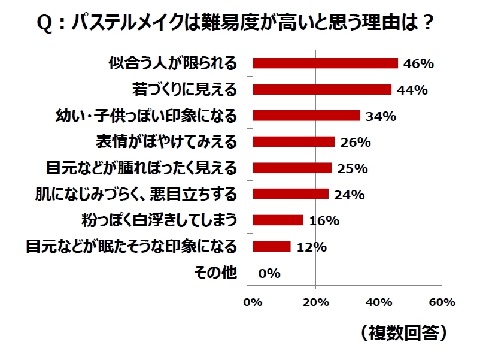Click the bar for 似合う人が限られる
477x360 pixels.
tap(325, 63)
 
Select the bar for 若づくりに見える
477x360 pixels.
tap(322, 89)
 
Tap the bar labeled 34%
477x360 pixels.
tap(306, 116)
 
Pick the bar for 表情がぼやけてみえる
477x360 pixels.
tap(293, 142)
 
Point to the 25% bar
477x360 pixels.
tap(292, 168)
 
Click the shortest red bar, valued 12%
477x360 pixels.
tap(272, 246)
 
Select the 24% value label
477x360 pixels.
tap(350, 195)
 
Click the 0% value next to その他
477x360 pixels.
tap(269, 273)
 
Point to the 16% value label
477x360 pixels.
tap(324, 220)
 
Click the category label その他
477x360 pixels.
tap(216, 273)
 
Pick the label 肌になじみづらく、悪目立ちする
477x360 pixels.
tap(136, 194)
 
